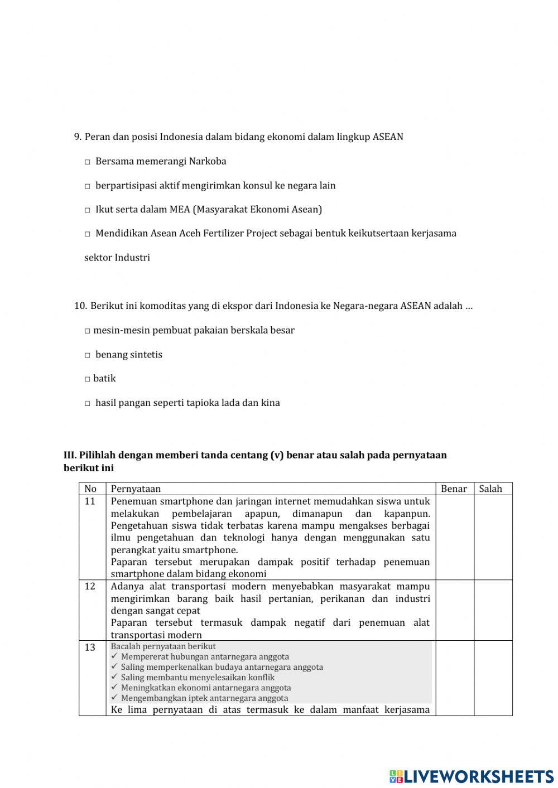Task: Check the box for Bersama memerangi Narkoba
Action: point(88,162)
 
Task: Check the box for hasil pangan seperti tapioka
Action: point(88,404)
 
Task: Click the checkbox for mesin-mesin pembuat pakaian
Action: point(88,331)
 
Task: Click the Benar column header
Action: point(454,489)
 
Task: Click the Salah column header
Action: point(490,489)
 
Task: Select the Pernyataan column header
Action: point(136,489)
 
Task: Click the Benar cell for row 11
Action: point(454,537)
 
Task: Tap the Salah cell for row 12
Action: point(493,610)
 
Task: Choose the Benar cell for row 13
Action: point(454,678)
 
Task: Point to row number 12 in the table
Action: point(90,586)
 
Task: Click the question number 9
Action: point(78,137)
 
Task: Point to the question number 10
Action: point(80,306)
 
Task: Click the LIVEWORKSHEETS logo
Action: point(472,776)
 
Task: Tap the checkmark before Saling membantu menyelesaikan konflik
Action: point(114,677)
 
